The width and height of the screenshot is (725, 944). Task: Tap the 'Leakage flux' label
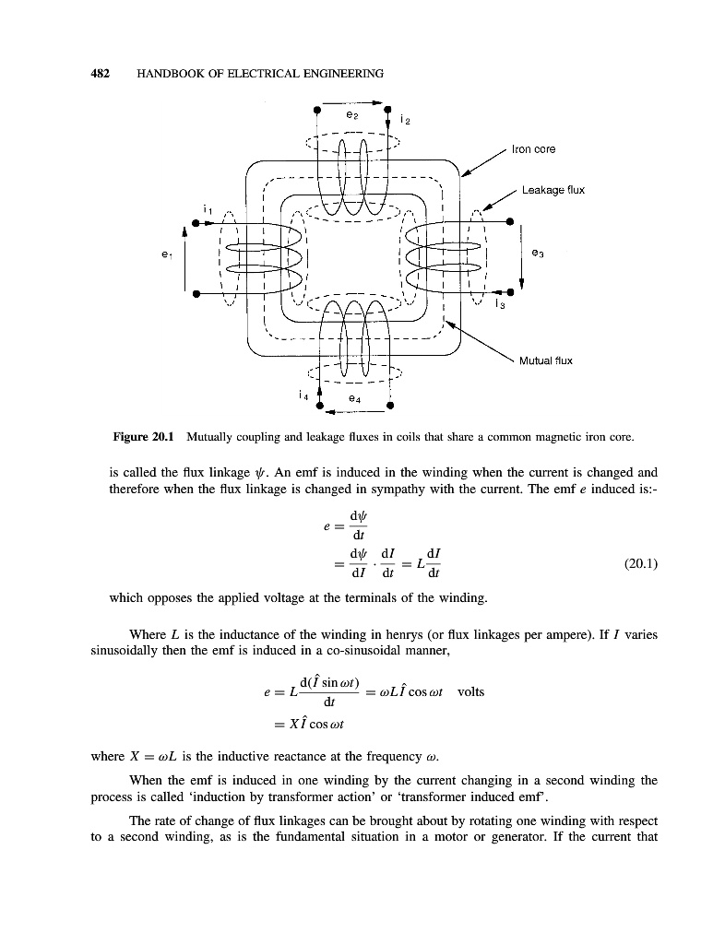[x=553, y=191]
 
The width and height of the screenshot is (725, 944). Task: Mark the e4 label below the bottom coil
[x=353, y=398]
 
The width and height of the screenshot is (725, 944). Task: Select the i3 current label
[x=498, y=303]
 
